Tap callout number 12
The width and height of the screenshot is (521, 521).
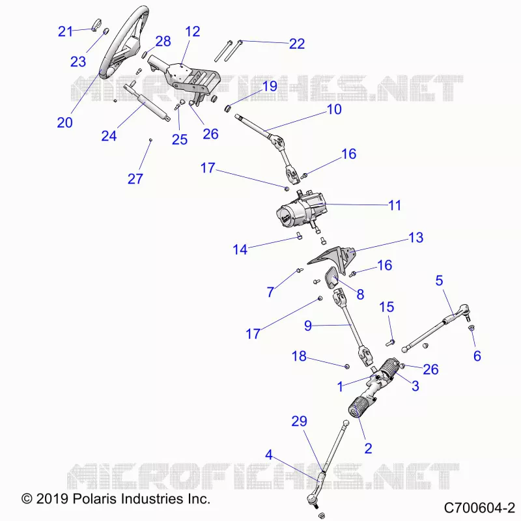click(x=193, y=31)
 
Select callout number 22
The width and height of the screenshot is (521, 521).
click(x=297, y=44)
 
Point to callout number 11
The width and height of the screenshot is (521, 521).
click(x=395, y=205)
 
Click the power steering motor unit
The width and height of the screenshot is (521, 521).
click(x=301, y=211)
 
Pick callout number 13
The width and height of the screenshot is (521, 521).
click(x=415, y=238)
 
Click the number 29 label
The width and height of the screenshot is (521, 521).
click(x=299, y=421)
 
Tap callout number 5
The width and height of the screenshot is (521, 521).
click(x=439, y=281)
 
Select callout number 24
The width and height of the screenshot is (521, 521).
click(x=109, y=136)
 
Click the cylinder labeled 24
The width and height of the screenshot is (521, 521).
click(x=147, y=103)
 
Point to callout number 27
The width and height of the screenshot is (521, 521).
click(x=135, y=178)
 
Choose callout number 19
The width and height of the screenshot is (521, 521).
click(x=270, y=87)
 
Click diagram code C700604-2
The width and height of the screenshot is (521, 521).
click(x=479, y=508)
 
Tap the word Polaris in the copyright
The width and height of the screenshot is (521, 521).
click(x=90, y=499)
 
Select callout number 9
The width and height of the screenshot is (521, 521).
click(x=308, y=326)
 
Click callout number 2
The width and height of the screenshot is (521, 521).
click(x=368, y=449)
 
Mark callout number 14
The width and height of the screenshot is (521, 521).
click(x=240, y=249)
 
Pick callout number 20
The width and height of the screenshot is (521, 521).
click(x=64, y=122)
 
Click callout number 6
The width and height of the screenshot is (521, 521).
click(x=477, y=356)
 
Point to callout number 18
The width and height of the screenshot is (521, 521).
click(x=299, y=356)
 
